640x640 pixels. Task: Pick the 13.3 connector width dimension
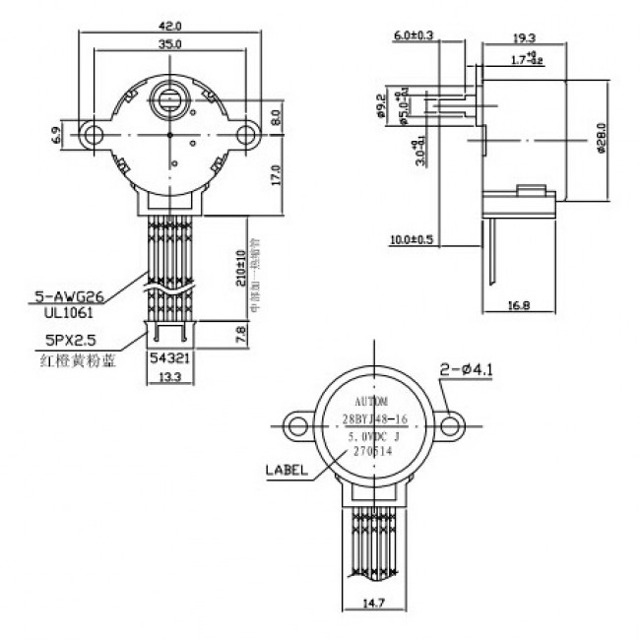point(169,378)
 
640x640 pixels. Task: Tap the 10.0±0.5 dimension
point(415,239)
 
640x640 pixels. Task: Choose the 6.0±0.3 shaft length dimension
point(415,36)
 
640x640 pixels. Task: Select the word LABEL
point(287,471)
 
